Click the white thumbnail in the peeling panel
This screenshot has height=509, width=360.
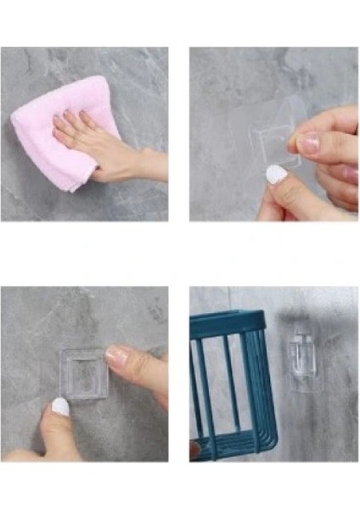point(275,174)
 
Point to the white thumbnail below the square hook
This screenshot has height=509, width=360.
point(60,407)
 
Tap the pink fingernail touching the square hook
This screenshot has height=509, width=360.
point(116,356)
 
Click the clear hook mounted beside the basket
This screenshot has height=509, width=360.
point(301,365)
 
